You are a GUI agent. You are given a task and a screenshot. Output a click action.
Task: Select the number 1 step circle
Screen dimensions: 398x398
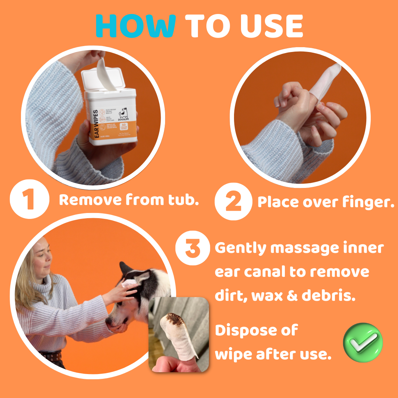click(29, 200)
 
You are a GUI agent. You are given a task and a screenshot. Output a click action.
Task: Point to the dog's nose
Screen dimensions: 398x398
click(109, 321)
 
